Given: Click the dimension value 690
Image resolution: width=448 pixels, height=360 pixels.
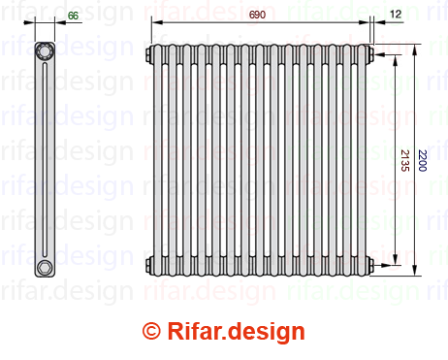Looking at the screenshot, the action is pyautogui.click(x=257, y=15).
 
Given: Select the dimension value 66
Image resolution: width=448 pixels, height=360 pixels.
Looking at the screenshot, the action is pyautogui.click(x=73, y=16).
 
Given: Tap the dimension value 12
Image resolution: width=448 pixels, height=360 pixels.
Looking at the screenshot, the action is pyautogui.click(x=396, y=14).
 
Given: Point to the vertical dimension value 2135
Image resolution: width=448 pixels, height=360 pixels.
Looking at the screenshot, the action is pyautogui.click(x=404, y=160).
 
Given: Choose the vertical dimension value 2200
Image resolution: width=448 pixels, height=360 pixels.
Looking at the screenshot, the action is pyautogui.click(x=422, y=160).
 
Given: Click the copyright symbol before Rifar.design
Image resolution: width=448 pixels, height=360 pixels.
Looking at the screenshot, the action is pyautogui.click(x=151, y=331).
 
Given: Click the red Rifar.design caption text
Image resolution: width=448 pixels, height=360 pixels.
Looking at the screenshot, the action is pyautogui.click(x=236, y=331).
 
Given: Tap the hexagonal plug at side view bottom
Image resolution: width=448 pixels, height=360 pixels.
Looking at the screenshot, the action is pyautogui.click(x=44, y=268).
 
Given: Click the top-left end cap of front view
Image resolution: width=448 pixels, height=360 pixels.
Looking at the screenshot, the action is pyautogui.click(x=149, y=54).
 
